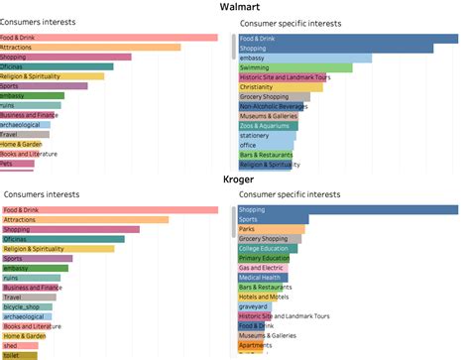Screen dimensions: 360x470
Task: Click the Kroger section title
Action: (239, 181)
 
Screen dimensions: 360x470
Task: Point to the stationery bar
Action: (258, 136)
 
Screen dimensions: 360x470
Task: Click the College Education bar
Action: (268, 248)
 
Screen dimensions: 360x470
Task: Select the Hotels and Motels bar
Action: (260, 297)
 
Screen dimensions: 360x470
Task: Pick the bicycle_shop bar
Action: (22, 306)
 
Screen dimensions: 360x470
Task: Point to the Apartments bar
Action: (254, 345)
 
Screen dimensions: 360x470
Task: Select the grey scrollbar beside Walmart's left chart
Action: (234, 44)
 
